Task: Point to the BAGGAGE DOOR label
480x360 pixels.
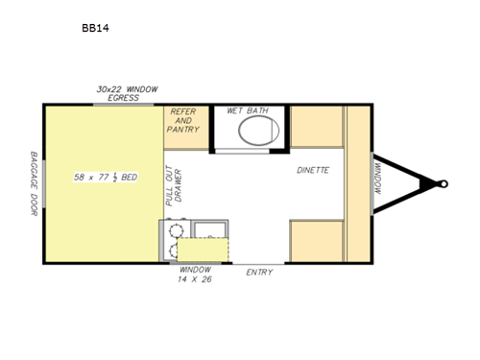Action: (34, 182)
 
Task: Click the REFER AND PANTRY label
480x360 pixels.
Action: (182, 120)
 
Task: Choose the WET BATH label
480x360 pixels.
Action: (247, 111)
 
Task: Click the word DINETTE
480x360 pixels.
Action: (313, 170)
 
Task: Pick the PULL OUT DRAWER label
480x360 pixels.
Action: (170, 188)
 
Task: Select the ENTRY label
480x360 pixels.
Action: (259, 273)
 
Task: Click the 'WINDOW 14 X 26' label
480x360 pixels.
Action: (195, 274)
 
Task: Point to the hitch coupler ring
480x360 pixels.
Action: (443, 182)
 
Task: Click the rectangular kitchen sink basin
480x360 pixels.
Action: (208, 229)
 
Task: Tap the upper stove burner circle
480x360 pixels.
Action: (174, 230)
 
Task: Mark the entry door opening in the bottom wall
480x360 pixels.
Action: (259, 262)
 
